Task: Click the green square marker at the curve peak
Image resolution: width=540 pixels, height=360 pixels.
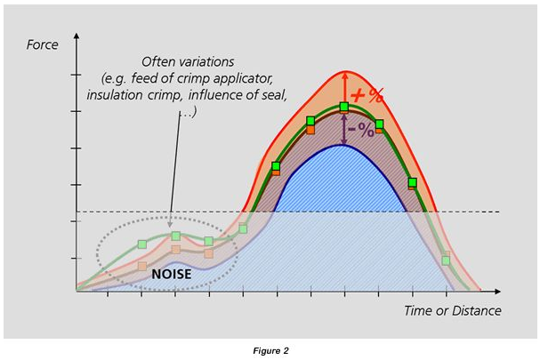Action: (x=344, y=108)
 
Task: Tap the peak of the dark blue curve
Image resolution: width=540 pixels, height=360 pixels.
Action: (x=344, y=145)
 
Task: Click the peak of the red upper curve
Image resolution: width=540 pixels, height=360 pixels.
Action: (x=344, y=71)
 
